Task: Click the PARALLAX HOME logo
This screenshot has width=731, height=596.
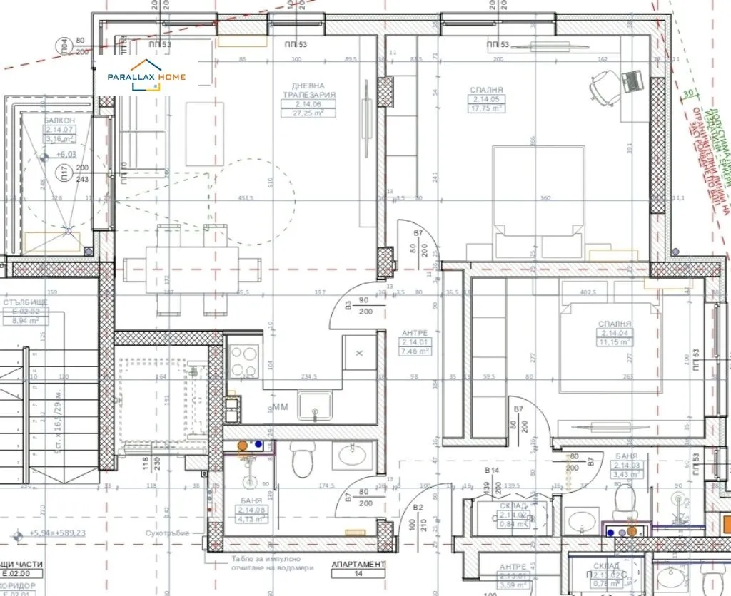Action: pyautogui.click(x=146, y=77)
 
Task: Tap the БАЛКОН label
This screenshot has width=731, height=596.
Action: pyautogui.click(x=59, y=120)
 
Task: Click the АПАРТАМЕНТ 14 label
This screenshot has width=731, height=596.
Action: pyautogui.click(x=358, y=567)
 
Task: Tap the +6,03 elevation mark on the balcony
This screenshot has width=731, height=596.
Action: pyautogui.click(x=66, y=153)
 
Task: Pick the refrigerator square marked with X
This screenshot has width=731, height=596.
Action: pyautogui.click(x=359, y=353)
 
